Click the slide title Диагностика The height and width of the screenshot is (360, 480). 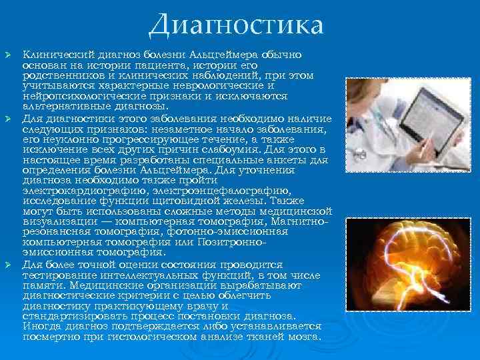point(236,25)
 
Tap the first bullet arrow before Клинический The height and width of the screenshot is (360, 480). point(8,53)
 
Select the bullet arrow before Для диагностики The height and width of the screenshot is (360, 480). point(8,118)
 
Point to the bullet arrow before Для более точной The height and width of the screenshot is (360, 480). point(8,265)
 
